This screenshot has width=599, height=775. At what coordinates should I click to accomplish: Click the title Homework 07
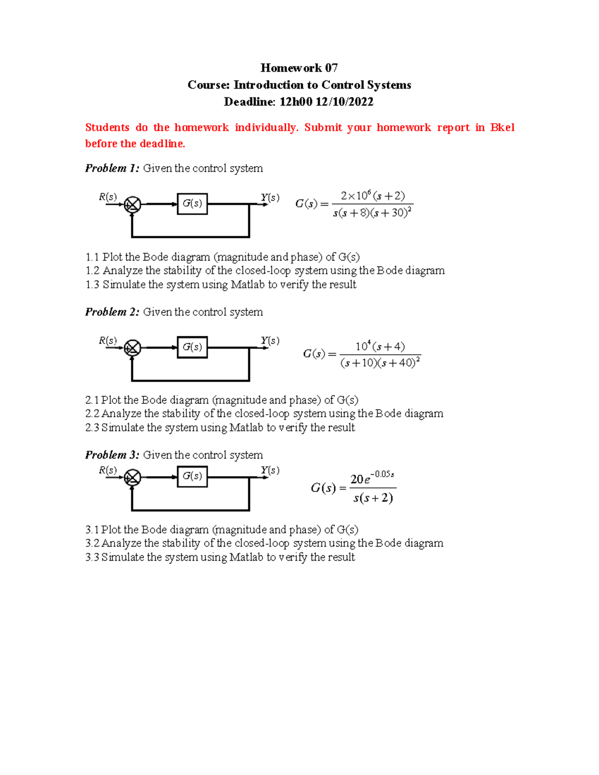299,68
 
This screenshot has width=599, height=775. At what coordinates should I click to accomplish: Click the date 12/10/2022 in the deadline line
344,102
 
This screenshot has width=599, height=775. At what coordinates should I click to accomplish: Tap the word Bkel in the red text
502,128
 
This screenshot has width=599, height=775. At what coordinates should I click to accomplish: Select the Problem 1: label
112,168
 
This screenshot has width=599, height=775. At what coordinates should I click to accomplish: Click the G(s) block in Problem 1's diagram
192,204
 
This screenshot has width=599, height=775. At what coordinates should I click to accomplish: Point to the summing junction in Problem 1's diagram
132,205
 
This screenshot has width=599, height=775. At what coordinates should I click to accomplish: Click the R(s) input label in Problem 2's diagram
108,340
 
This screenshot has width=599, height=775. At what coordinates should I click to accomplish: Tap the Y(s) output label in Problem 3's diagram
270,470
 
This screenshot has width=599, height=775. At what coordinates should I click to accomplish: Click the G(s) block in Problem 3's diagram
192,476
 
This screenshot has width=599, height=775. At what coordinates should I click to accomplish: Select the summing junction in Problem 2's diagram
132,348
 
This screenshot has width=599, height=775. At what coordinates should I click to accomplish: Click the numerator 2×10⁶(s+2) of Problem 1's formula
372,196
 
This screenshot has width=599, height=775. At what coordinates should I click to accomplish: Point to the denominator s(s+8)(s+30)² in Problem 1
372,213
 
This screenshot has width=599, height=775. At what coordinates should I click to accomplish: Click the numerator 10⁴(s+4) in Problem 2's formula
380,346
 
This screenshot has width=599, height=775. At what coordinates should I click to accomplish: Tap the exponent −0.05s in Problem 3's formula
383,474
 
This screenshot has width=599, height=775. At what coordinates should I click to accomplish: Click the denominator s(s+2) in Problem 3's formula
373,498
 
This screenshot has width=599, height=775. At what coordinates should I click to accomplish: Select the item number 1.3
92,284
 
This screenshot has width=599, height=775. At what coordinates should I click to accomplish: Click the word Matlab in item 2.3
246,428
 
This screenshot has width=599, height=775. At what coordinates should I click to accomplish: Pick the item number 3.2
92,543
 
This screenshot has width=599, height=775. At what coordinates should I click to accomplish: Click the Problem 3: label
112,455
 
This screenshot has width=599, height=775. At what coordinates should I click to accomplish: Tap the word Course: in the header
208,85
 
